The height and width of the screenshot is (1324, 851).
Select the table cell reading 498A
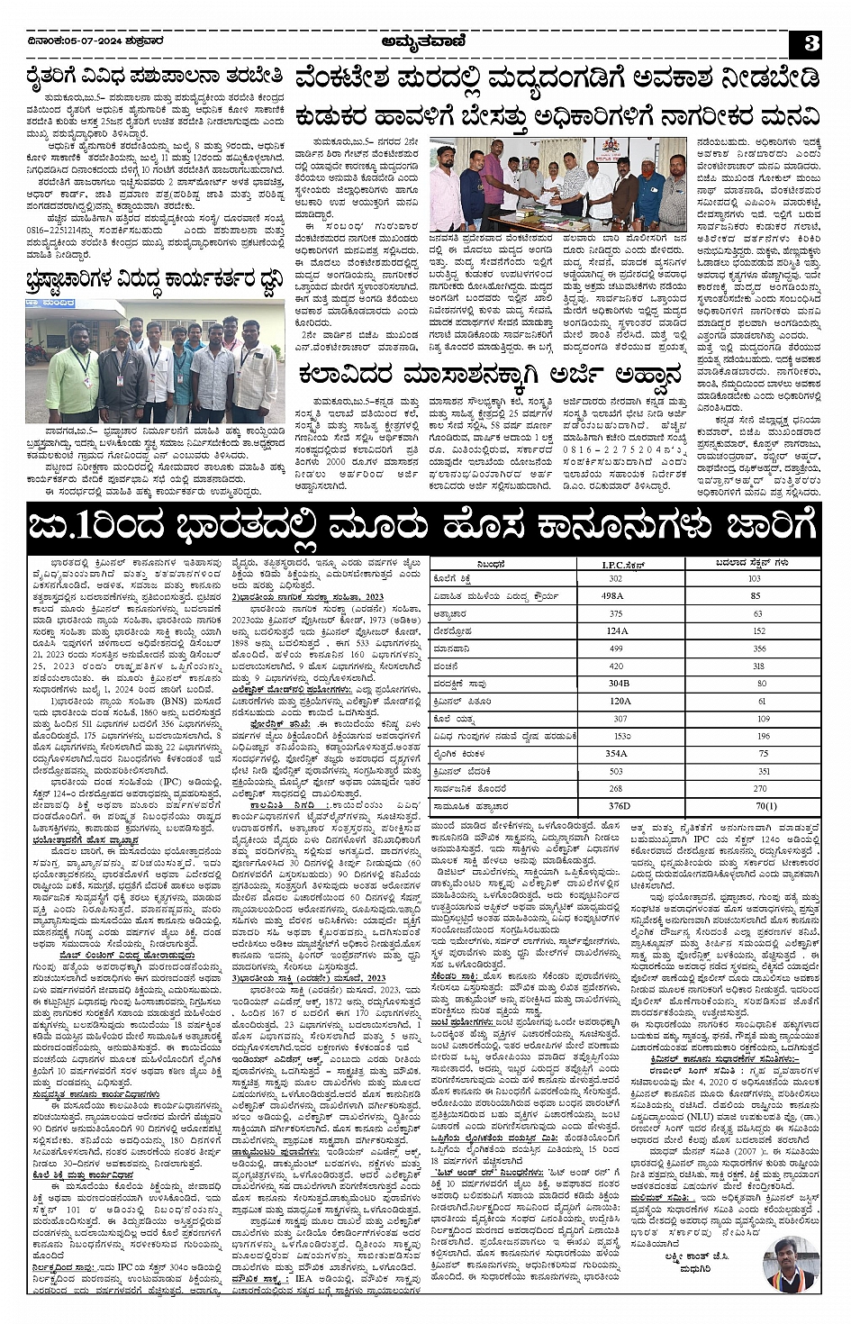click(x=613, y=596)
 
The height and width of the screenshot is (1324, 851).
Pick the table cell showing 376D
click(x=620, y=806)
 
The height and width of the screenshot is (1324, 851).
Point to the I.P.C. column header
click(x=620, y=565)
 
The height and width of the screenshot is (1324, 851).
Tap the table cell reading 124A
click(x=617, y=631)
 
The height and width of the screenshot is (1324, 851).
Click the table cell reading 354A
click(x=616, y=754)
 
